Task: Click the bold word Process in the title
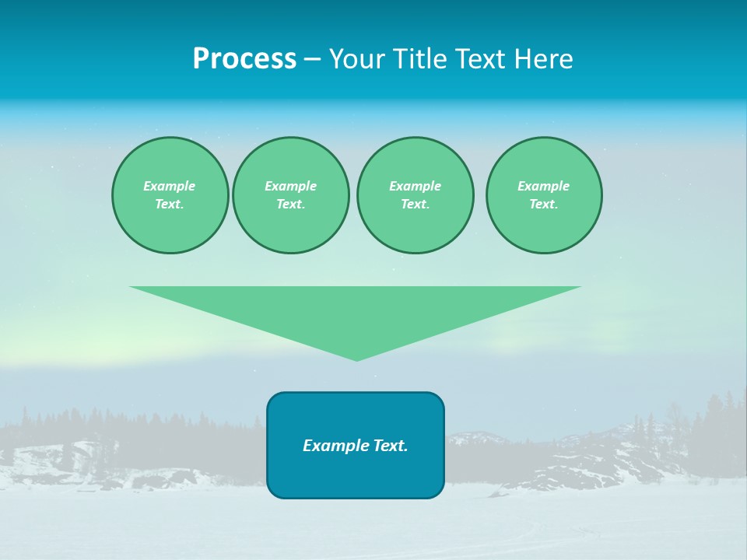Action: pos(244,59)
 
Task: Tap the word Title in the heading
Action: pos(422,59)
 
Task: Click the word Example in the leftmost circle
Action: pos(170,186)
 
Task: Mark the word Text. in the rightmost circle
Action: pos(543,204)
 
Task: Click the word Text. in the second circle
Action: pos(290,204)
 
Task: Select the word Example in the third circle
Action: pos(415,186)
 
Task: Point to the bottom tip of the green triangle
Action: pos(356,359)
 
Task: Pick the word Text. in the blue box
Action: pos(391,446)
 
